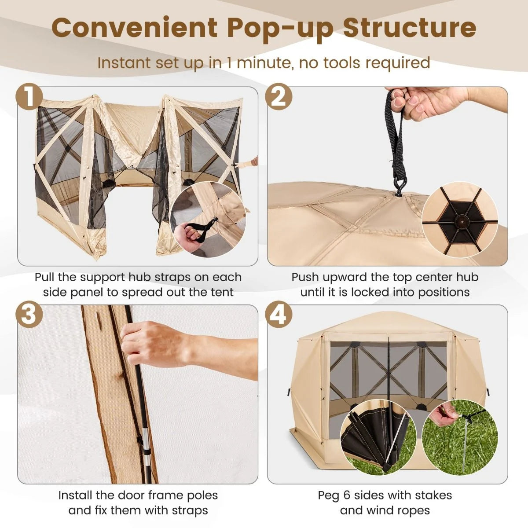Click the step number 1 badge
click(x=29, y=97)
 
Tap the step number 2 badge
click(x=279, y=97)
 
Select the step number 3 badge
click(x=29, y=315)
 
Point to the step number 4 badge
click(x=279, y=315)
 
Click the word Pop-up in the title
click(x=281, y=28)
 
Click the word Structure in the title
click(x=409, y=28)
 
